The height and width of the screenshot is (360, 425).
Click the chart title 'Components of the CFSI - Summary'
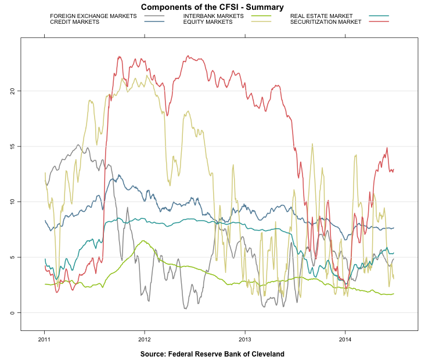pyautogui.click(x=212, y=7)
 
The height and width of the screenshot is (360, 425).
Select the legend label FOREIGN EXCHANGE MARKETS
pyautogui.click(x=93, y=16)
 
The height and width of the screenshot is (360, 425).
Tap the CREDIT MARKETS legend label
pyautogui.click(x=74, y=22)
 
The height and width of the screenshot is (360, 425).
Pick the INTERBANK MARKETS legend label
pyautogui.click(x=213, y=16)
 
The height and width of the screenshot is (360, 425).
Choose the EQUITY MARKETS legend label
pyautogui.click(x=207, y=22)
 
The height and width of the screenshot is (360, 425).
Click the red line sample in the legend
pyautogui.click(x=378, y=22)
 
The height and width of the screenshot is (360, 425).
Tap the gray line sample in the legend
pyautogui.click(x=154, y=16)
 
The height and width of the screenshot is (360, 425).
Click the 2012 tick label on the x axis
pyautogui.click(x=145, y=340)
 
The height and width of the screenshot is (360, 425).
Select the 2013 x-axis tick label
pyautogui.click(x=245, y=340)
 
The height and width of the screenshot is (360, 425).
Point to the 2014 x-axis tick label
pyautogui.click(x=345, y=340)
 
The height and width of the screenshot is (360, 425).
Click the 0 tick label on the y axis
pyautogui.click(x=13, y=313)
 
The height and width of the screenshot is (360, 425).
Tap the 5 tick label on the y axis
pyautogui.click(x=13, y=257)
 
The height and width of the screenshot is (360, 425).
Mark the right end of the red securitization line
pyautogui.click(x=394, y=170)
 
